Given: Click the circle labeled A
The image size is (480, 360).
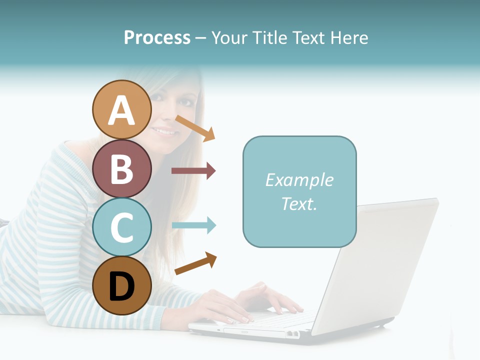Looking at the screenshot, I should (121, 109).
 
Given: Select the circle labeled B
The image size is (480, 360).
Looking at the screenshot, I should (121, 168).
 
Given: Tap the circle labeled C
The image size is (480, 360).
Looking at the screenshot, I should (121, 227).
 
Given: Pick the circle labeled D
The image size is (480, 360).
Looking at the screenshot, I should (121, 285).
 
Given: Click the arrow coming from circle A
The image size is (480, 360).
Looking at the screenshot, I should (195, 128).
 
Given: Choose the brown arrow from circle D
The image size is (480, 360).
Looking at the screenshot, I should (195, 263).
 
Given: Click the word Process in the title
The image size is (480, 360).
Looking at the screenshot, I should (157, 37).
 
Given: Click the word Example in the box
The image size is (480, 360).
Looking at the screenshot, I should (299, 180).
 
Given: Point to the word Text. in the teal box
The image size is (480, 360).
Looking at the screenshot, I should (299, 203).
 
